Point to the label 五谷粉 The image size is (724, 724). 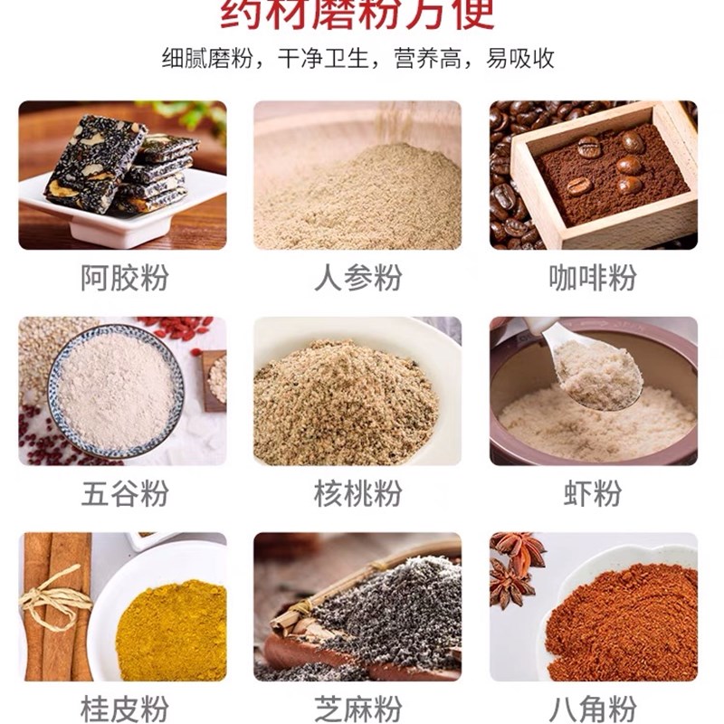point(124,494)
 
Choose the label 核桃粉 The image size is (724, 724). point(357,494)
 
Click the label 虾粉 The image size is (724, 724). point(593,494)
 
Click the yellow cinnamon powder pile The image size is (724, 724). point(172,629)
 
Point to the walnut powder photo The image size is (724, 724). point(357,391)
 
